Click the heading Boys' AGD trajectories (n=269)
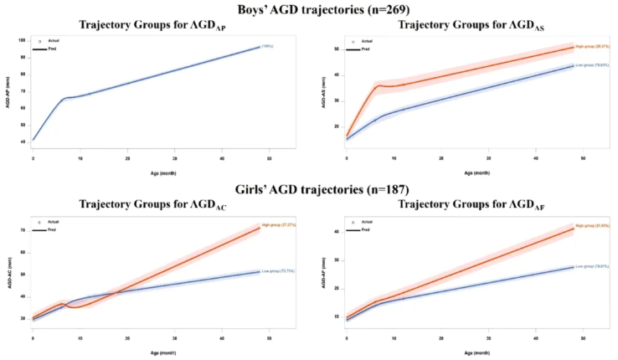(309, 8)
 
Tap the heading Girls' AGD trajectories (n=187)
(309, 190)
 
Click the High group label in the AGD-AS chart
(591, 47)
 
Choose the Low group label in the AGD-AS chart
(591, 64)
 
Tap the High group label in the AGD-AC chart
(279, 225)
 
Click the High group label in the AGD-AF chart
(591, 226)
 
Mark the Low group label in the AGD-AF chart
(591, 266)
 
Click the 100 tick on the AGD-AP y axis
(23, 40)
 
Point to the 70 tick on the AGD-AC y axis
(23, 229)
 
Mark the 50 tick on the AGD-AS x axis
(584, 158)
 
